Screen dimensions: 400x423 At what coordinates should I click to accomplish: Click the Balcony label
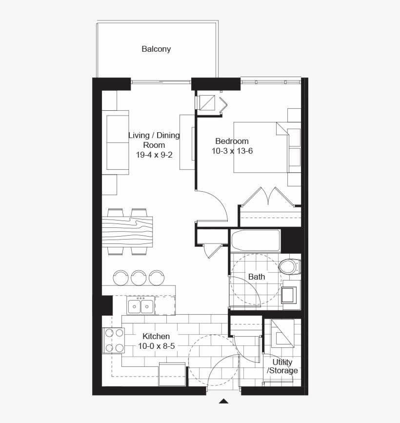click(x=156, y=49)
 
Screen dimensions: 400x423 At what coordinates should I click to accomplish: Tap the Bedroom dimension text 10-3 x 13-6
click(x=232, y=151)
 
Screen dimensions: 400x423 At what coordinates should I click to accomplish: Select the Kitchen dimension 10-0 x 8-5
click(x=157, y=346)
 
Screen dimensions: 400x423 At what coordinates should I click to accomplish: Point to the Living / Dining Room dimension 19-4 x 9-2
click(x=154, y=155)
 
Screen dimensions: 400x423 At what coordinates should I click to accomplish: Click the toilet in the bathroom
click(x=290, y=267)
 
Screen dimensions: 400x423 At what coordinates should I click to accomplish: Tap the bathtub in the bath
click(x=256, y=241)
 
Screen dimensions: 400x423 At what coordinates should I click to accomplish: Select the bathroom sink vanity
click(x=291, y=295)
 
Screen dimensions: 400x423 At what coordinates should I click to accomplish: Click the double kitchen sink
click(x=140, y=305)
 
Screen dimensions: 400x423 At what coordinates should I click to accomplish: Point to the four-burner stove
click(x=113, y=341)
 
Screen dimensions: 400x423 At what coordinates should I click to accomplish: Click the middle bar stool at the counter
click(x=139, y=278)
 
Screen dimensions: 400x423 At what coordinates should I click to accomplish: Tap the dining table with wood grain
click(x=127, y=231)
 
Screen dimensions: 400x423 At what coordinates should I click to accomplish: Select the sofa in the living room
click(x=116, y=143)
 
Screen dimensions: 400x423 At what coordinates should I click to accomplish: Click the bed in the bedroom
click(x=267, y=147)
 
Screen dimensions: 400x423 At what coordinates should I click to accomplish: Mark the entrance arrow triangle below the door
click(x=223, y=401)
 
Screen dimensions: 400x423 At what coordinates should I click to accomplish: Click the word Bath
click(x=257, y=277)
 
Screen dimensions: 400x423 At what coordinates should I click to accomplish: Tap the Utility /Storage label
click(x=282, y=366)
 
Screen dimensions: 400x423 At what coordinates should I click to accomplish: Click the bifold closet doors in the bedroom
click(x=268, y=197)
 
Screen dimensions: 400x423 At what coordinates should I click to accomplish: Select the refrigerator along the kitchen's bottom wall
click(x=172, y=374)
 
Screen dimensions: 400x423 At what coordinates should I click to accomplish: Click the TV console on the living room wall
click(x=187, y=142)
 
